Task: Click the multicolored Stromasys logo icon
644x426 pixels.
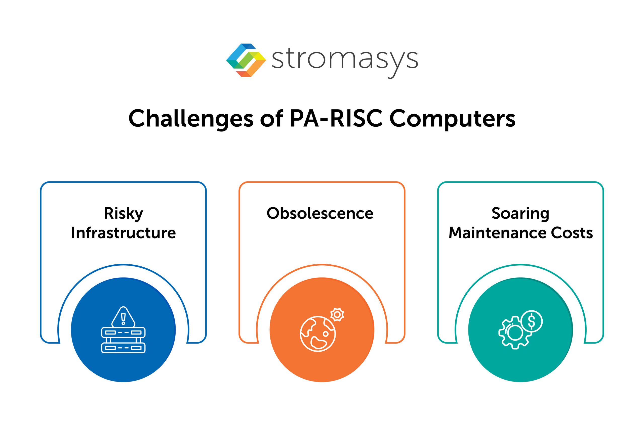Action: tap(246, 60)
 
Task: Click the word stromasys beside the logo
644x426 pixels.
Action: tap(345, 60)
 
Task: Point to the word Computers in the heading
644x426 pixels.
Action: tap(452, 119)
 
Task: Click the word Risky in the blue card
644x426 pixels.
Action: tap(124, 214)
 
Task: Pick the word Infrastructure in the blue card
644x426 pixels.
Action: tap(124, 233)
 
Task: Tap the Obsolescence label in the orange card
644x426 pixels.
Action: tap(320, 213)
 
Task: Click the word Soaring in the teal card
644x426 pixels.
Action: tap(520, 214)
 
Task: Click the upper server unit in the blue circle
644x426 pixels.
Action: tap(123, 333)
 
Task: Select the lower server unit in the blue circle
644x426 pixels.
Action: tap(123, 348)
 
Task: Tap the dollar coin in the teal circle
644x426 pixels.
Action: tap(532, 321)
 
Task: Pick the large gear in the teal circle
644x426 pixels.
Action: tap(513, 333)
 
